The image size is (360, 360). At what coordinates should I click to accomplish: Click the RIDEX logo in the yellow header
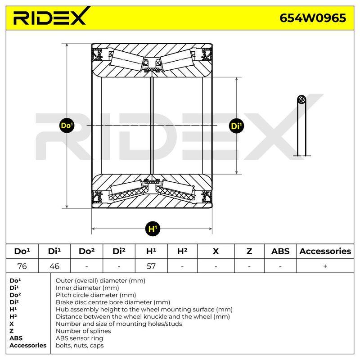point(52,16)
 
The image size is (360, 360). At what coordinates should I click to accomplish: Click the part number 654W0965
point(313,18)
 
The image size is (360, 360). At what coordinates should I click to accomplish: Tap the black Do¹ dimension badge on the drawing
point(67,126)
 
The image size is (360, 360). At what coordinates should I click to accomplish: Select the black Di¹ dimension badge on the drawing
point(237,126)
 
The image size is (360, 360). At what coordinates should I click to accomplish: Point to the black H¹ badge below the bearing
point(153,229)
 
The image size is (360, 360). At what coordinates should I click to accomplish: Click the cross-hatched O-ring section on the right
point(301,100)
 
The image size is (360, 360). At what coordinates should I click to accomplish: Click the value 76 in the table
point(22,266)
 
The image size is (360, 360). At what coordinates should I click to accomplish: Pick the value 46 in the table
point(54,266)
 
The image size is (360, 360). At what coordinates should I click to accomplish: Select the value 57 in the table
point(151,266)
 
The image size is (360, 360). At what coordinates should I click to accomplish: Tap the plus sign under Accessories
point(325,266)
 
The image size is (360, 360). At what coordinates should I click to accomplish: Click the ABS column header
point(280,251)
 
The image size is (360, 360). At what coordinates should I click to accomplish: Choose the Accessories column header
point(325,251)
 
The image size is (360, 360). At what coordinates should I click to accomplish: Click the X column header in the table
point(216,251)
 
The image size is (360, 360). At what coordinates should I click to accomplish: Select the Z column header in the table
point(249,251)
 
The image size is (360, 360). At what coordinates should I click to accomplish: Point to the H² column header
point(182,251)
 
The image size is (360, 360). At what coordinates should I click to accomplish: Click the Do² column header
point(86,251)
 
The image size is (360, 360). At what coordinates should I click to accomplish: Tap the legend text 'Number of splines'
point(83,331)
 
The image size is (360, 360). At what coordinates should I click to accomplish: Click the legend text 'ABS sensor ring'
point(80,338)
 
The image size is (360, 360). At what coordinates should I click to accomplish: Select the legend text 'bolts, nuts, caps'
point(80,345)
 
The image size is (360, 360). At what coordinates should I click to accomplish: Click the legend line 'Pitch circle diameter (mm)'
point(96,295)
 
